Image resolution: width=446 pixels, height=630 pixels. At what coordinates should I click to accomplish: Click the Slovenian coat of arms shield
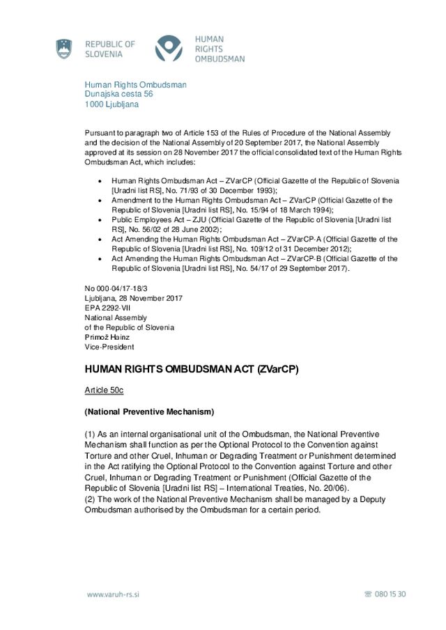click(64, 49)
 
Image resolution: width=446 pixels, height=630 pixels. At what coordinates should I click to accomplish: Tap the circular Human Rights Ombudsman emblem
click(169, 49)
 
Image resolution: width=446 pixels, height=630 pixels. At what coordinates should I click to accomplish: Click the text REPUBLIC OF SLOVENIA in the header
click(110, 49)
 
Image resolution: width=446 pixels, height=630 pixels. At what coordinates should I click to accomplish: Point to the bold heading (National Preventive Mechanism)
click(149, 411)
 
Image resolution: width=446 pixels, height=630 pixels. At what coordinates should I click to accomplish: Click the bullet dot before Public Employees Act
click(103, 219)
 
